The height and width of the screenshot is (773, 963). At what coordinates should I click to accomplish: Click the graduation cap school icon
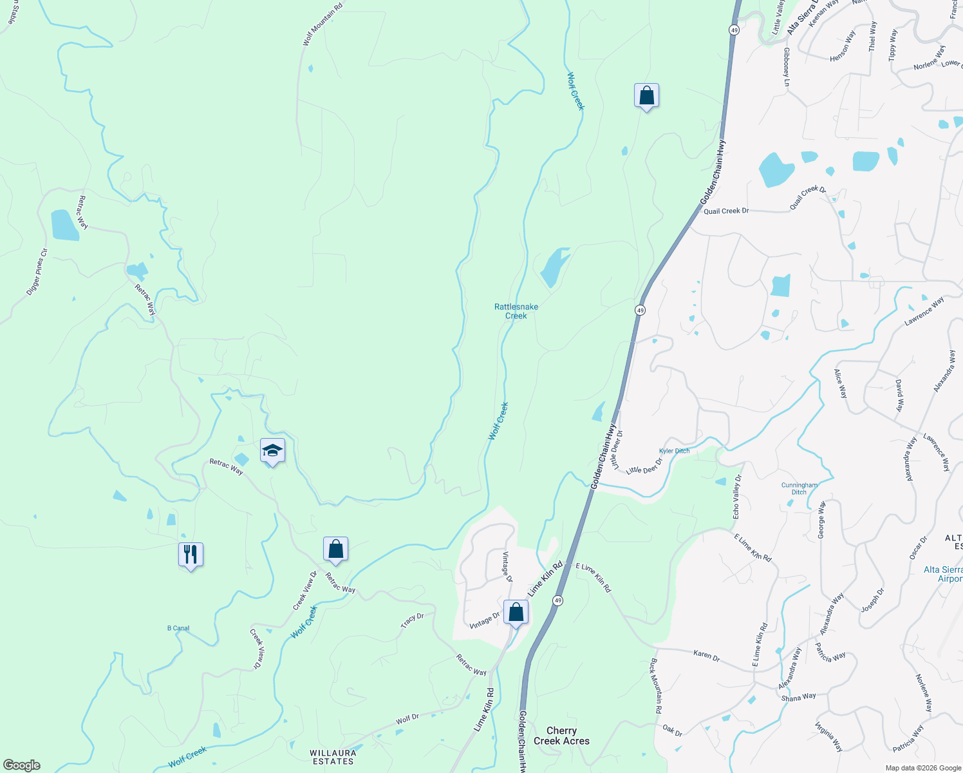click(x=272, y=450)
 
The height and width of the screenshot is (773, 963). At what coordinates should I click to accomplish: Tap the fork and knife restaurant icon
click(x=191, y=555)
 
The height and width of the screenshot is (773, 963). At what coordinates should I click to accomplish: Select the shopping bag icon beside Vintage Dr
click(x=516, y=612)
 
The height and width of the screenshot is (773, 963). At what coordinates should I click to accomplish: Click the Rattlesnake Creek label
click(x=516, y=311)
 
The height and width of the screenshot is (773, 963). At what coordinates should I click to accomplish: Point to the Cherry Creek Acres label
click(x=561, y=736)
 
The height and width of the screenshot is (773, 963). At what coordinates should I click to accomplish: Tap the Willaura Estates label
click(x=333, y=757)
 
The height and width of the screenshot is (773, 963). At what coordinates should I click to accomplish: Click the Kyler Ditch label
click(x=674, y=451)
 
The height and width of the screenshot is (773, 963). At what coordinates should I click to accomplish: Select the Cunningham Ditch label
click(x=799, y=488)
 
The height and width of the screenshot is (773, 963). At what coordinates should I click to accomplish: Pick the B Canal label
click(x=178, y=628)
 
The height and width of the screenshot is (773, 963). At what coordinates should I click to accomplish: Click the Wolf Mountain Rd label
click(x=323, y=25)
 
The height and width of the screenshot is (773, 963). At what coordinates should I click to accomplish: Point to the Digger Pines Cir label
click(x=37, y=272)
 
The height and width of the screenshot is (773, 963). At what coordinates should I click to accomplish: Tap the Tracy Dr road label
click(x=412, y=621)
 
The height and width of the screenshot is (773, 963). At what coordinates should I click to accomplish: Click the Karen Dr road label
click(x=706, y=654)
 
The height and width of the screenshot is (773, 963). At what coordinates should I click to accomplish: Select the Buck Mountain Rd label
click(x=655, y=685)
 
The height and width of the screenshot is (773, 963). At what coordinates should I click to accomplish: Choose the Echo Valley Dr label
click(x=738, y=497)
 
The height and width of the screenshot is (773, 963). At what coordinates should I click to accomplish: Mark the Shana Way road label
click(x=798, y=697)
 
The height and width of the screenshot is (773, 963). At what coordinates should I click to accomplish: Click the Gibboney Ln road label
click(x=786, y=67)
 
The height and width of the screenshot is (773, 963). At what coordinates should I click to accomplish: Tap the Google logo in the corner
click(x=22, y=765)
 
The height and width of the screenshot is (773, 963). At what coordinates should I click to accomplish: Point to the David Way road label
click(x=899, y=396)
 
